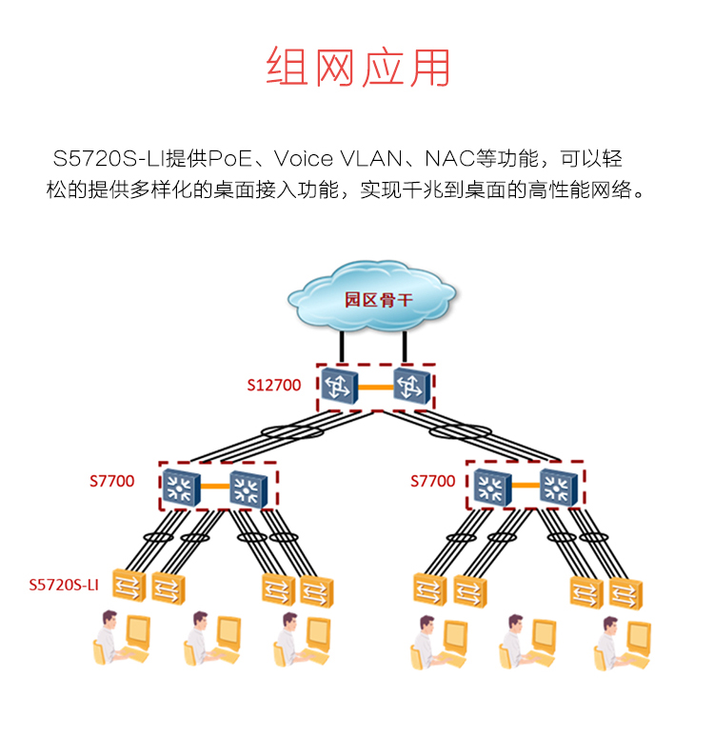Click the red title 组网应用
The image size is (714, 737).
(x=357, y=68)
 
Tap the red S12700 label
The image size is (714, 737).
(x=274, y=386)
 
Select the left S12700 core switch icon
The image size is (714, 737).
(x=338, y=386)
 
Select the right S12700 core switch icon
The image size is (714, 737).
(x=412, y=386)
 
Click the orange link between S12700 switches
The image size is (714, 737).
(x=375, y=387)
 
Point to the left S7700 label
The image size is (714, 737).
(x=112, y=482)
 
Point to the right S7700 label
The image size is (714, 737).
(x=432, y=482)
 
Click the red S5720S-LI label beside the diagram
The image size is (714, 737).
(x=65, y=585)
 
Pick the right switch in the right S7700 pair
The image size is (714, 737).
(x=558, y=488)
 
